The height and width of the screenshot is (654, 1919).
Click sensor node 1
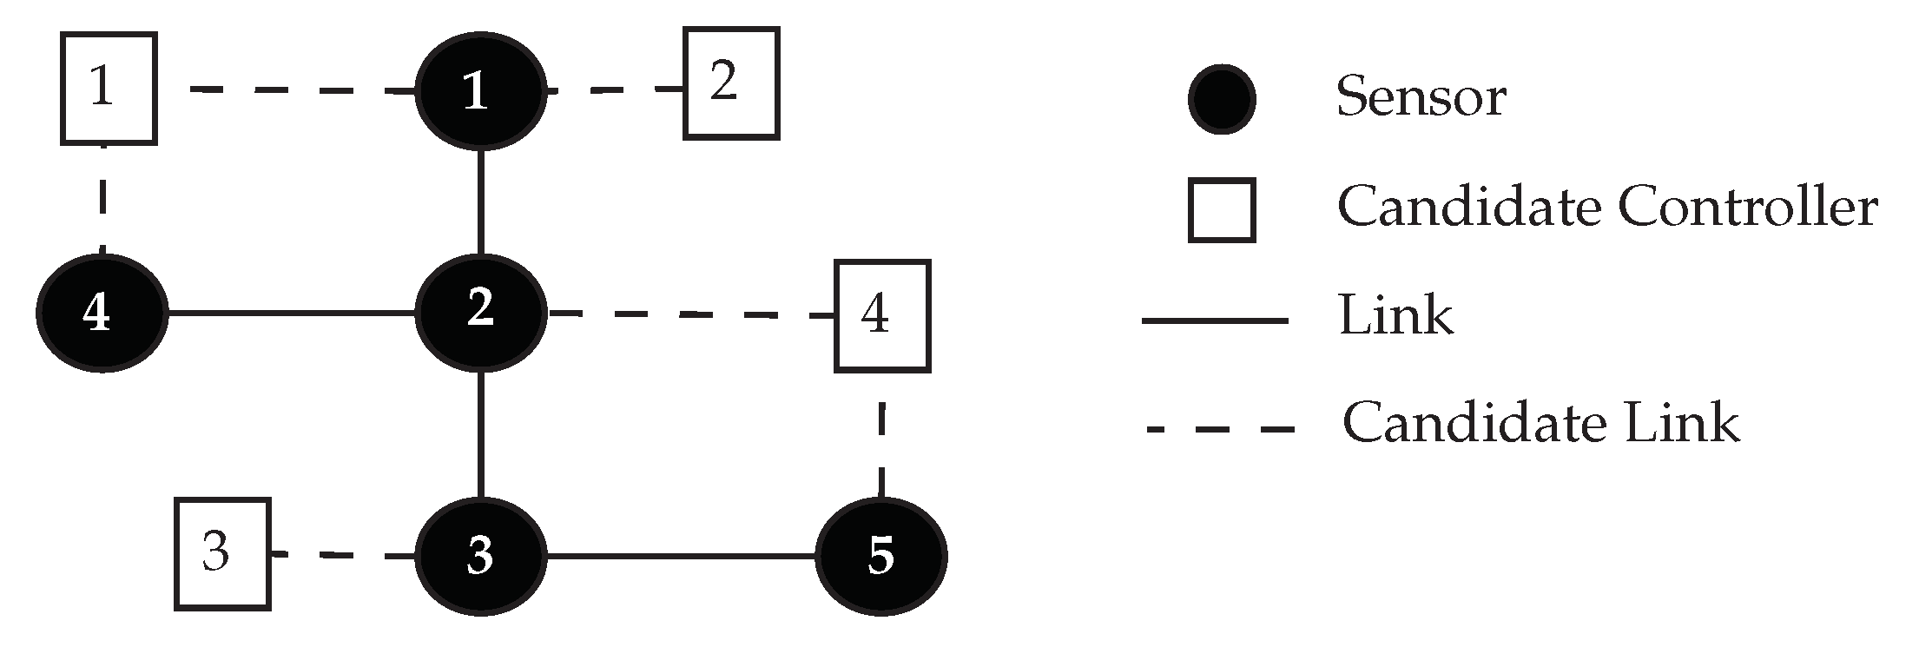[x=480, y=90]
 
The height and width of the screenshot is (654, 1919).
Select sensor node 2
[x=480, y=313]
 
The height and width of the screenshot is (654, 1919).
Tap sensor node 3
[x=480, y=556]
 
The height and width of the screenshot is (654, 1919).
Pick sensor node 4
[x=102, y=313]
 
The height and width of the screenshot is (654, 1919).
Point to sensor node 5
[x=881, y=556]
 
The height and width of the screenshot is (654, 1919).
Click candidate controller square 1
[x=109, y=89]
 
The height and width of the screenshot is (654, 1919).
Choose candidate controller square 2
[x=731, y=83]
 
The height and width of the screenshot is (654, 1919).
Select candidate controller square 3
[x=222, y=554]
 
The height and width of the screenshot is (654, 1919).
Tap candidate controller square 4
[x=882, y=316]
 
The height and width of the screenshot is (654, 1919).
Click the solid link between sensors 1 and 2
[x=480, y=201]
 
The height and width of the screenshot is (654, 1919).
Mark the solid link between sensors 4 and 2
[x=291, y=313]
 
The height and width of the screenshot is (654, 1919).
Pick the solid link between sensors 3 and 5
[x=682, y=556]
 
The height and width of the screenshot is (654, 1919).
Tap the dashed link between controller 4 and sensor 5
[x=881, y=436]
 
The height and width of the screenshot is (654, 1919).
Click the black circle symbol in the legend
[x=1221, y=99]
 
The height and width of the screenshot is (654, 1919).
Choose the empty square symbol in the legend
[x=1222, y=210]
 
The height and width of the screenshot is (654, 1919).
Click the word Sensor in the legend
[x=1421, y=96]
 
